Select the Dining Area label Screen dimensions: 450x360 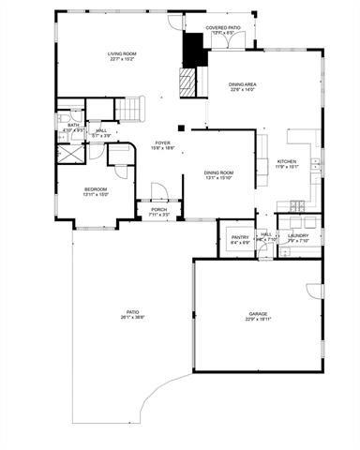tap(243, 87)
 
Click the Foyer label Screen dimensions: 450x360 tap(162, 144)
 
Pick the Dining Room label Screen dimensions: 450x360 tap(219, 174)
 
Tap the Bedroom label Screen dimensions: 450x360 tap(97, 191)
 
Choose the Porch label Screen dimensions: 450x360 tap(159, 212)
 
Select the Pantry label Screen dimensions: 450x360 tap(240, 239)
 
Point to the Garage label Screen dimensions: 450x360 tap(259, 316)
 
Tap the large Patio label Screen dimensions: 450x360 tap(133, 314)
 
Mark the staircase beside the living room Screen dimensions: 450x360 tap(138, 105)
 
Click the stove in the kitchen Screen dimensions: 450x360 tap(297, 205)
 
